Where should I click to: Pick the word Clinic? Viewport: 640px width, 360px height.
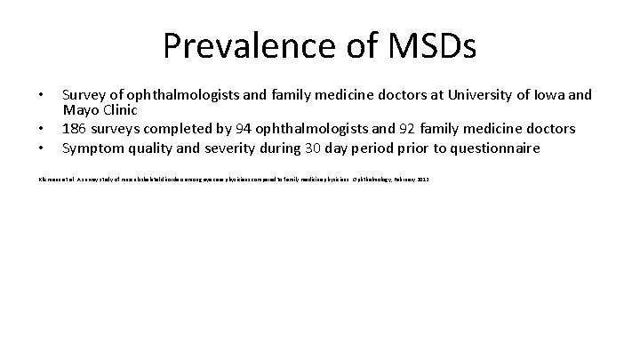pos(121,112)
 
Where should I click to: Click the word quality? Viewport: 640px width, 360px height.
pos(154,148)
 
